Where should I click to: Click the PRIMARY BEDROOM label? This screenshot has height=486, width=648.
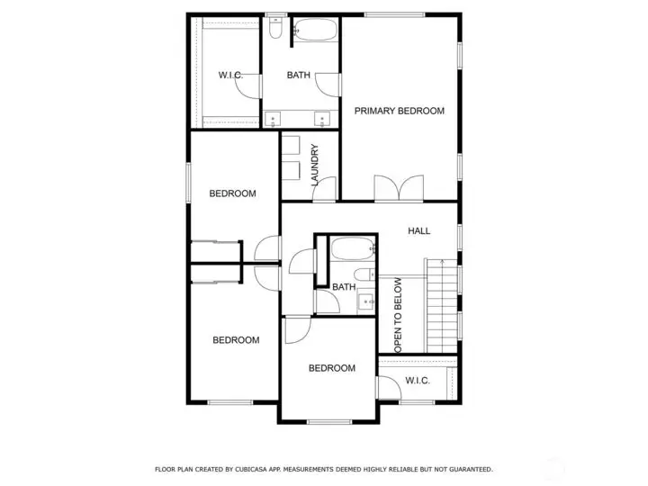click(x=400, y=111)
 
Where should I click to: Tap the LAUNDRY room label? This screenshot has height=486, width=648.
click(x=314, y=165)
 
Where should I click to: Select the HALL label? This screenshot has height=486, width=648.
click(x=419, y=231)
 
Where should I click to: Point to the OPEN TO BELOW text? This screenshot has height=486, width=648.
click(x=398, y=315)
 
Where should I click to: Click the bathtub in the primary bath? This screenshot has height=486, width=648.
click(x=316, y=30)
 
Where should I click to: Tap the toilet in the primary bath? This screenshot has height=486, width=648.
click(x=275, y=28)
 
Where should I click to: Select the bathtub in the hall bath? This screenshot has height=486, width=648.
click(x=353, y=248)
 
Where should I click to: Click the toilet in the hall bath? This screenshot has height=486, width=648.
click(x=364, y=274)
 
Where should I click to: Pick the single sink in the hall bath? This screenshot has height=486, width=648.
click(x=365, y=301)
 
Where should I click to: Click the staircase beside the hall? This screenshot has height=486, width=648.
click(x=442, y=306)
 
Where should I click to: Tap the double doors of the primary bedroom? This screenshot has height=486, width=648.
click(x=399, y=188)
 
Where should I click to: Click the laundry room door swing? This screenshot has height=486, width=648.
click(x=324, y=189)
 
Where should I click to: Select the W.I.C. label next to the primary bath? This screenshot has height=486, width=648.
click(x=230, y=76)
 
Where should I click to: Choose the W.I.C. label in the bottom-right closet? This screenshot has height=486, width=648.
click(x=418, y=380)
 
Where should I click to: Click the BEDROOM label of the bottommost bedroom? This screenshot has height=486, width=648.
click(x=332, y=368)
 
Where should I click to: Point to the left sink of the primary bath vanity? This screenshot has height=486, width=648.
click(x=273, y=120)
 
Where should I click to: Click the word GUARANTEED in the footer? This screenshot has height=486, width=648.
click(x=471, y=470)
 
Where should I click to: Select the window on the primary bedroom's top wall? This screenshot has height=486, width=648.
click(x=395, y=15)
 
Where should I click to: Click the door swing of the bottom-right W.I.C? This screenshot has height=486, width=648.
click(x=390, y=387)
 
